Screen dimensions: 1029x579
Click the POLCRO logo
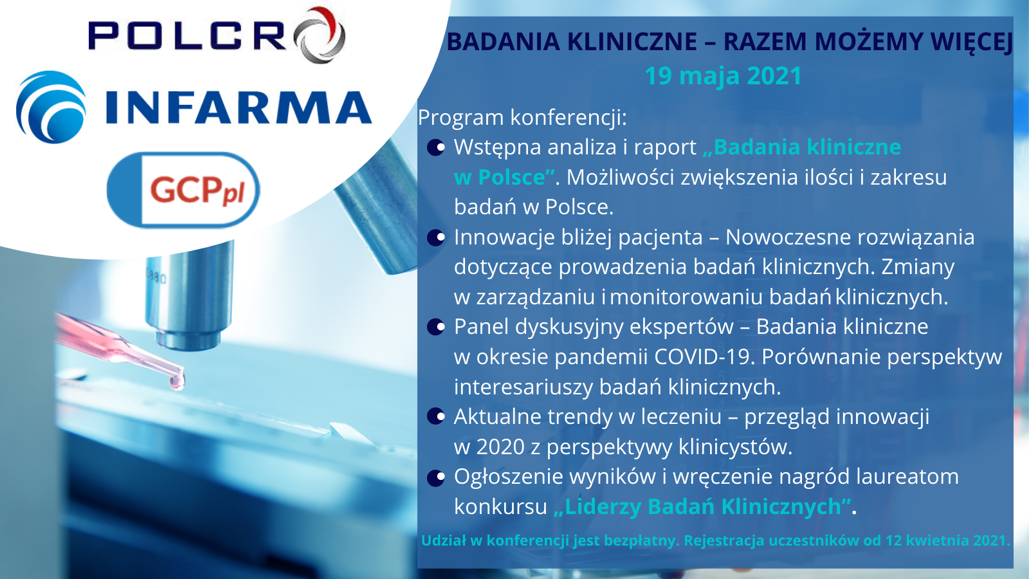(217, 35)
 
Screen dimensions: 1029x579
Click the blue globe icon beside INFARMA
(51, 107)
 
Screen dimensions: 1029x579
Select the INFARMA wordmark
(239, 107)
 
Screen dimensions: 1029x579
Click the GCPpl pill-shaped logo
(183, 190)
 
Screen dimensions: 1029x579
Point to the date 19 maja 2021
(723, 76)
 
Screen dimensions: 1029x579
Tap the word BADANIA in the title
(504, 42)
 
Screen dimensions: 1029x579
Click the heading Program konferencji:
(522, 118)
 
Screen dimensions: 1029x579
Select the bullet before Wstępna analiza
(436, 148)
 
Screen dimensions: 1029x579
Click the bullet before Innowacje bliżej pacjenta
(436, 237)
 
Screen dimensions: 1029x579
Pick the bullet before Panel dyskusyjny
(436, 327)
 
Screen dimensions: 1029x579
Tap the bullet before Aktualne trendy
(436, 417)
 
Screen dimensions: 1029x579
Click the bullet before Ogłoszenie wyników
(436, 477)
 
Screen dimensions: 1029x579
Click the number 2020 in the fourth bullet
(500, 446)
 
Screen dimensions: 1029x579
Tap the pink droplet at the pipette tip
(176, 381)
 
